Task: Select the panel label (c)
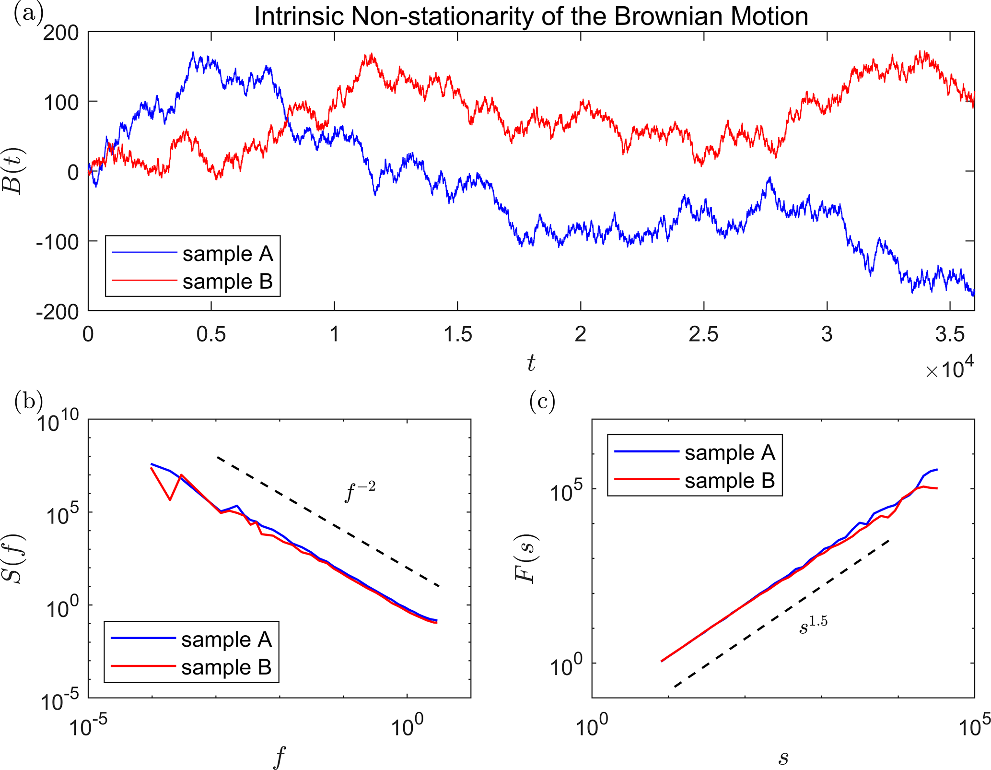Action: [542, 401]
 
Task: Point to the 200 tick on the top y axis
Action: [61, 33]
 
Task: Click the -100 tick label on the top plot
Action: [58, 242]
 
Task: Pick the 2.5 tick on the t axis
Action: [703, 334]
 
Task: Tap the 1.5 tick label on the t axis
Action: [457, 334]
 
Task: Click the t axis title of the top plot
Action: [531, 364]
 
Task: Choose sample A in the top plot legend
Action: [227, 254]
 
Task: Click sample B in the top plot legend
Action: [227, 282]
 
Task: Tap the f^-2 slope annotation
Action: [360, 491]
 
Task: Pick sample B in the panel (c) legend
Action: [729, 481]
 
